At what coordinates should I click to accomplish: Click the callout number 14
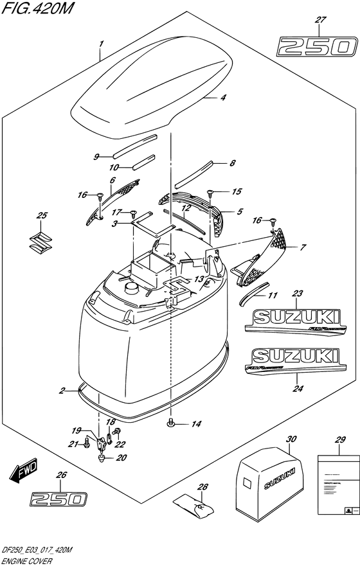[197, 424]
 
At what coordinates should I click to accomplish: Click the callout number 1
[101, 43]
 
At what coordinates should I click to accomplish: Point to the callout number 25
[42, 215]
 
